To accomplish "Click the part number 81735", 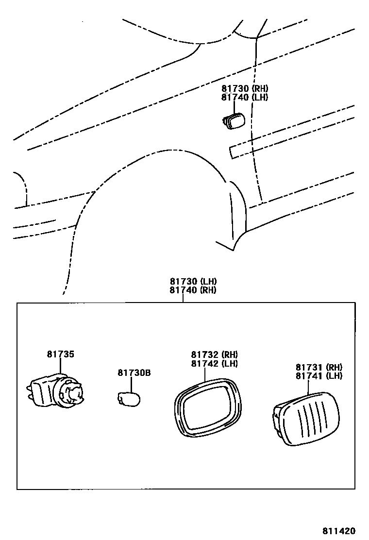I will [61, 354].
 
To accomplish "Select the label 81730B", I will [134, 373].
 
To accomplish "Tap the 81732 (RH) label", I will [214, 354].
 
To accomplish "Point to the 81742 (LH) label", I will [214, 363].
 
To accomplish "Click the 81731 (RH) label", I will [319, 367].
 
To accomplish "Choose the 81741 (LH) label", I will [319, 376].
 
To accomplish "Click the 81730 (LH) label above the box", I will [193, 282].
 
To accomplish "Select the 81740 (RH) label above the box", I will [193, 290].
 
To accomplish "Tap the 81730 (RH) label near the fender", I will [245, 88].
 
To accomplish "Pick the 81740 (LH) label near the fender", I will [245, 97].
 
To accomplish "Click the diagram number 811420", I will [339, 531].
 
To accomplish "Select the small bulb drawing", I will [129, 399].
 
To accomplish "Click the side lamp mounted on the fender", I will [235, 121].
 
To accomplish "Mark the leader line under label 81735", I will [60, 366].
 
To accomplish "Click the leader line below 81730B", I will [132, 385].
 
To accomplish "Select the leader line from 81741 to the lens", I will [309, 387].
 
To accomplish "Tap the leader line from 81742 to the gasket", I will [205, 373].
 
